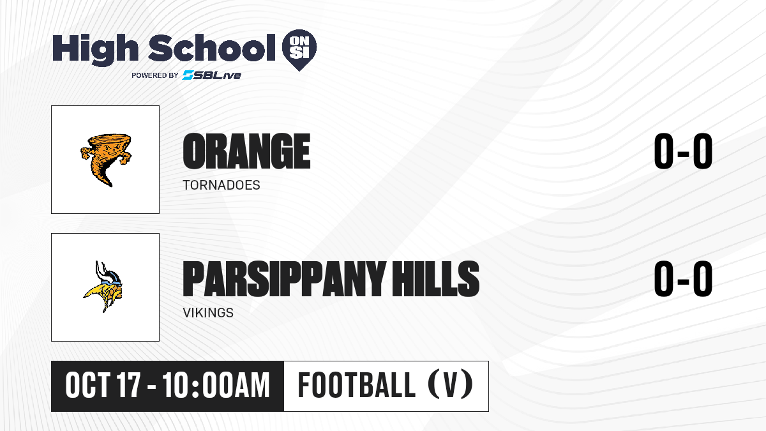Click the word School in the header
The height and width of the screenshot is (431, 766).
[212, 47]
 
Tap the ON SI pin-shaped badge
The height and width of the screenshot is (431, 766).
[299, 50]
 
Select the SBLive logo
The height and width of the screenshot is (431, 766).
[211, 75]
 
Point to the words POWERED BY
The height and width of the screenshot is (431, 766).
[155, 75]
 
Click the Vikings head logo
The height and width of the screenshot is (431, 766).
[103, 287]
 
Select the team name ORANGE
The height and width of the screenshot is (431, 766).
[246, 151]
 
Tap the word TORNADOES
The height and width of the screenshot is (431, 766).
[222, 185]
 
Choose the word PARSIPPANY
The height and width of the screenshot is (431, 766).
[285, 278]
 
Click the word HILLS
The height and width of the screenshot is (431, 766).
[435, 278]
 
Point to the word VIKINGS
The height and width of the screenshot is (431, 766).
[208, 313]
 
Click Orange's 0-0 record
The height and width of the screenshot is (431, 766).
[683, 151]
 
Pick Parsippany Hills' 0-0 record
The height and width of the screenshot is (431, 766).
[683, 278]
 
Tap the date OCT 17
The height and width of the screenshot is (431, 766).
[103, 385]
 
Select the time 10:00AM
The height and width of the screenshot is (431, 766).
[216, 385]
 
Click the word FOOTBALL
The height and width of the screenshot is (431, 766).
[357, 385]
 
